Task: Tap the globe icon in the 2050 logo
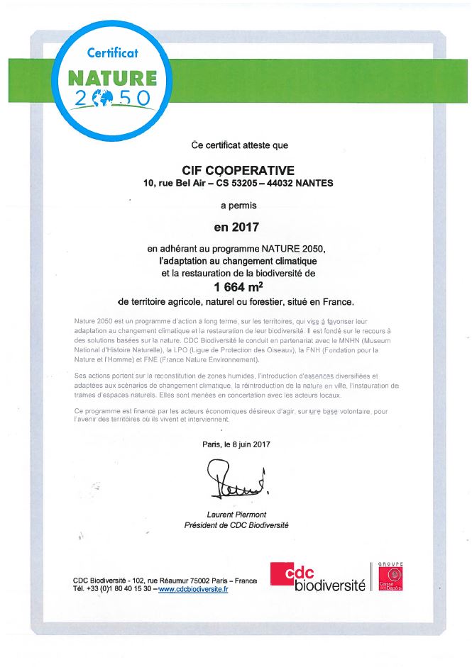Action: tap(108, 97)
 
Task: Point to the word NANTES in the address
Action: tap(314, 184)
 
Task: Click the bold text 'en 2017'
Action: tap(238, 228)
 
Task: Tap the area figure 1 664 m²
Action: tap(238, 287)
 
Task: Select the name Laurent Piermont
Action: tap(236, 515)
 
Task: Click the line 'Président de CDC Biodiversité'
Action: tap(236, 525)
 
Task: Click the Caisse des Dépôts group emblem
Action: tap(390, 577)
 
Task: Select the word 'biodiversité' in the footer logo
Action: tap(329, 585)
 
